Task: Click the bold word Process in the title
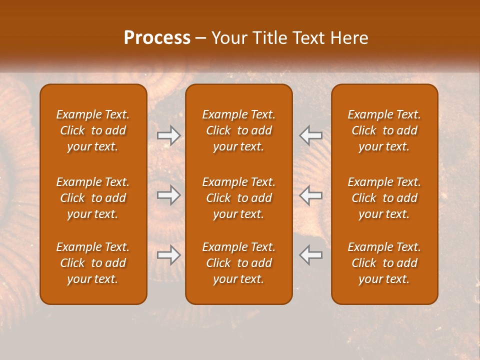[x=157, y=38]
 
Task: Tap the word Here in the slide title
[x=348, y=38]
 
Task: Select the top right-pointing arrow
[x=169, y=135]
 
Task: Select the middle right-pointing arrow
[x=169, y=195]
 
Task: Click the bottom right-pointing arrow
[x=169, y=255]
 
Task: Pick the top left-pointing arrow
[x=310, y=135]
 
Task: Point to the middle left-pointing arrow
[x=310, y=195]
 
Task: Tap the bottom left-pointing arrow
[x=310, y=255]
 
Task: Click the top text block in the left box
[x=93, y=130]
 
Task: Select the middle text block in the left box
[x=93, y=198]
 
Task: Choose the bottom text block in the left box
[x=93, y=263]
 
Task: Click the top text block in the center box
[x=238, y=130]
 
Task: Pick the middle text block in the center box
[x=238, y=198]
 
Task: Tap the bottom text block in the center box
[x=238, y=263]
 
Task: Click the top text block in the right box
[x=384, y=130]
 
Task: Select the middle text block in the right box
[x=384, y=198]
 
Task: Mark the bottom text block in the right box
[x=384, y=263]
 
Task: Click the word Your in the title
[x=227, y=38]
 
